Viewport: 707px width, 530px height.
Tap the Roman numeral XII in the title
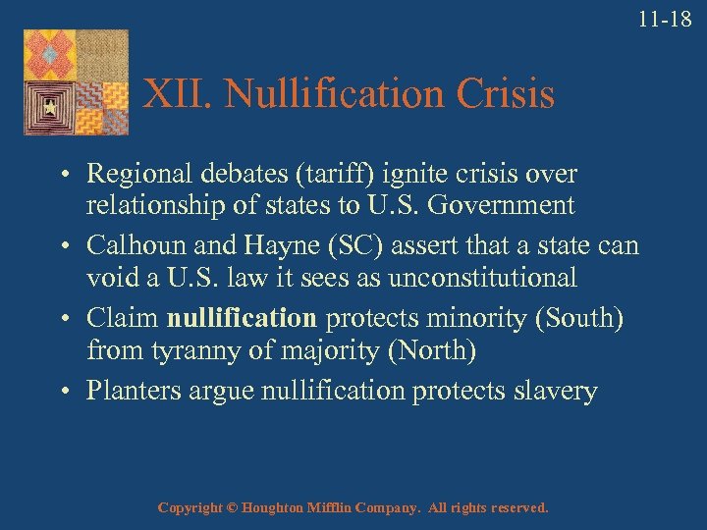(177, 94)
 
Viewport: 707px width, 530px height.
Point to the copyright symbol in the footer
(232, 508)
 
